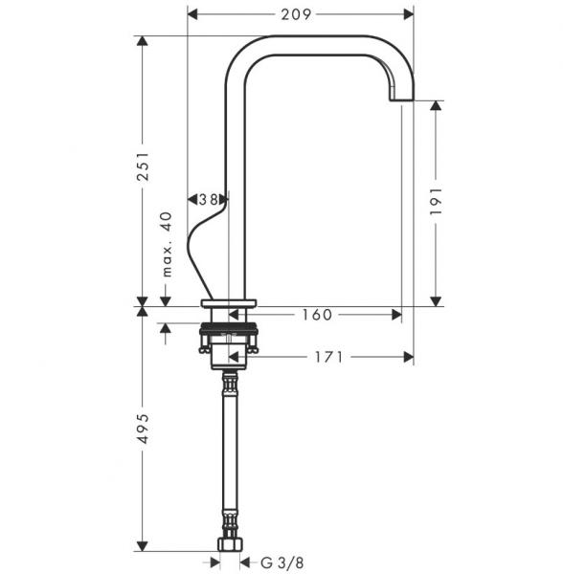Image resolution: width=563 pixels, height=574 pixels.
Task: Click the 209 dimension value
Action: tap(296, 14)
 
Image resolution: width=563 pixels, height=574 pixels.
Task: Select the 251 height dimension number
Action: tap(144, 166)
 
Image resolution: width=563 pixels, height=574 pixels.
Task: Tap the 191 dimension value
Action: tap(436, 202)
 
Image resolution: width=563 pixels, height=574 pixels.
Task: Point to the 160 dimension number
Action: tap(317, 315)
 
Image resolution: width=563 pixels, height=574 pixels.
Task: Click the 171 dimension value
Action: tap(329, 357)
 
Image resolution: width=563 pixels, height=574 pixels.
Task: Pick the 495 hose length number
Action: tap(144, 429)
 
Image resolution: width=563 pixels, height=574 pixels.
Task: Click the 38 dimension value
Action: tap(208, 200)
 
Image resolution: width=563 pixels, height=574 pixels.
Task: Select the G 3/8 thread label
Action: tap(282, 563)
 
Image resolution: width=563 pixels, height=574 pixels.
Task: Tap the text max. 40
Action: tap(167, 244)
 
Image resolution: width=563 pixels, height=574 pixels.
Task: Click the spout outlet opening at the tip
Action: tap(401, 99)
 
